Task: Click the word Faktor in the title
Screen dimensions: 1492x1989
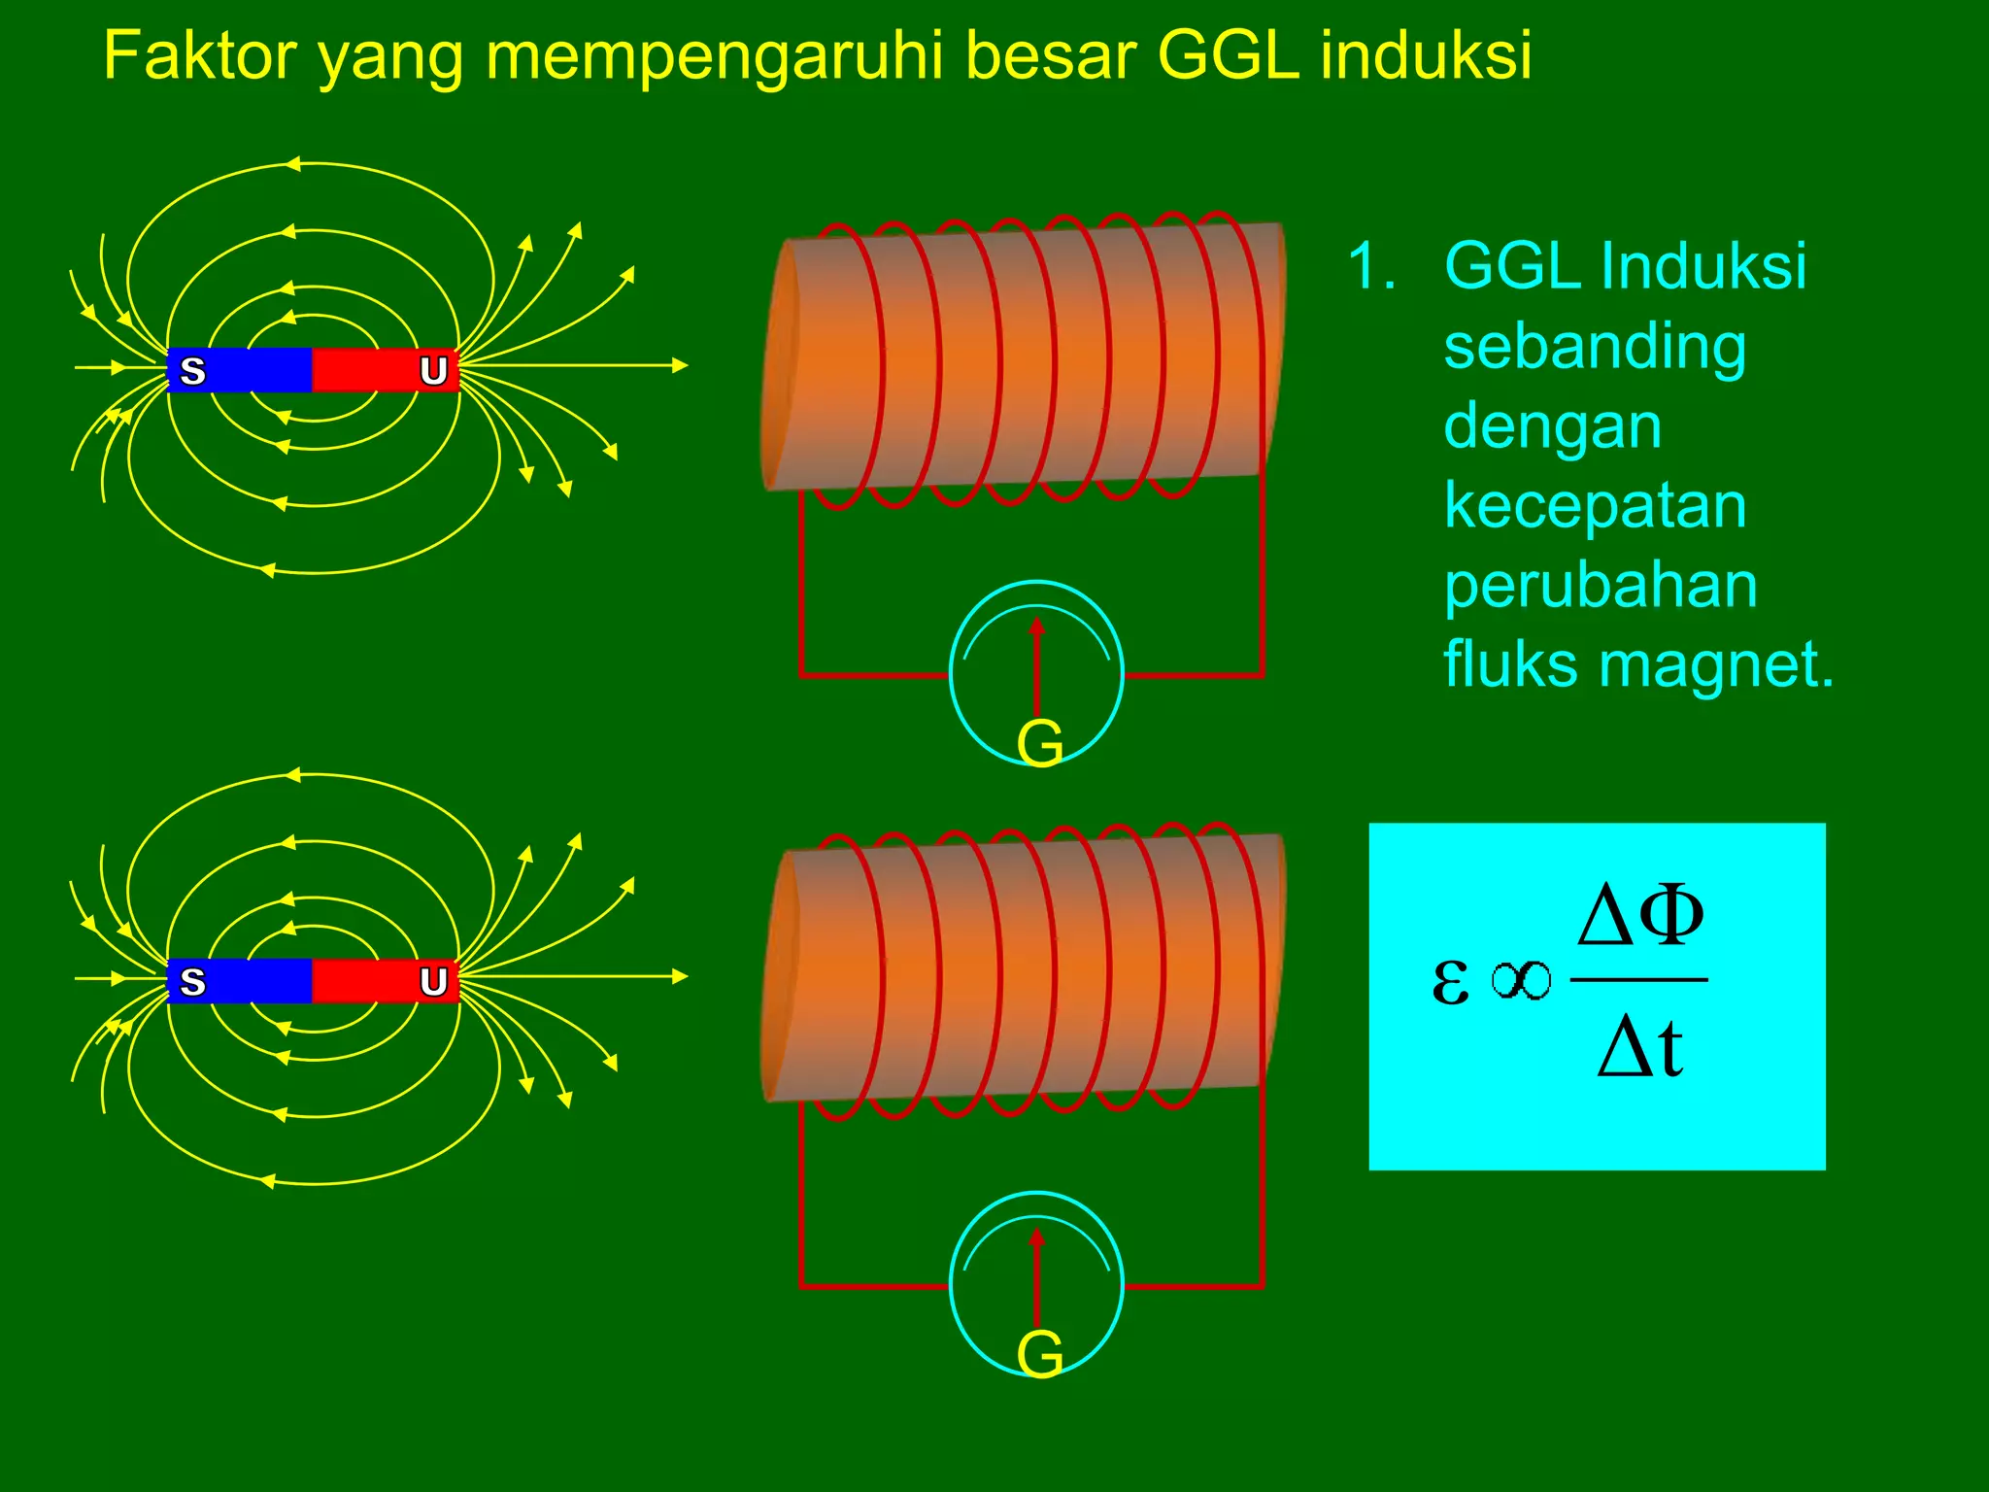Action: (199, 55)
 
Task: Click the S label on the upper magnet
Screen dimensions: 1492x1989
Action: (193, 371)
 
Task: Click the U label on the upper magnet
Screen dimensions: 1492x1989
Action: (433, 371)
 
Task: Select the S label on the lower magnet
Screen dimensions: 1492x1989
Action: (193, 982)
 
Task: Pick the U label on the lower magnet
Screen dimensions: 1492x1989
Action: (433, 982)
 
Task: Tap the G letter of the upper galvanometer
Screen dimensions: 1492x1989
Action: (1039, 744)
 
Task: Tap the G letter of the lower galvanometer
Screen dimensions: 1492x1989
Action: (1039, 1354)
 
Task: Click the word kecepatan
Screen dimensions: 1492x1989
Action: (1595, 506)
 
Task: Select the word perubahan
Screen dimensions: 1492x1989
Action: (1601, 586)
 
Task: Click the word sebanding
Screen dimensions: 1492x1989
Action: (1595, 347)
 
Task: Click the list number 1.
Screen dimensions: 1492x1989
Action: (1370, 266)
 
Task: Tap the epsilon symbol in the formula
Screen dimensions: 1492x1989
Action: (1450, 980)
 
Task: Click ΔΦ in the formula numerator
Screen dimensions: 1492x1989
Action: (1639, 915)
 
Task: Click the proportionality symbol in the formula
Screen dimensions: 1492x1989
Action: (1521, 980)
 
